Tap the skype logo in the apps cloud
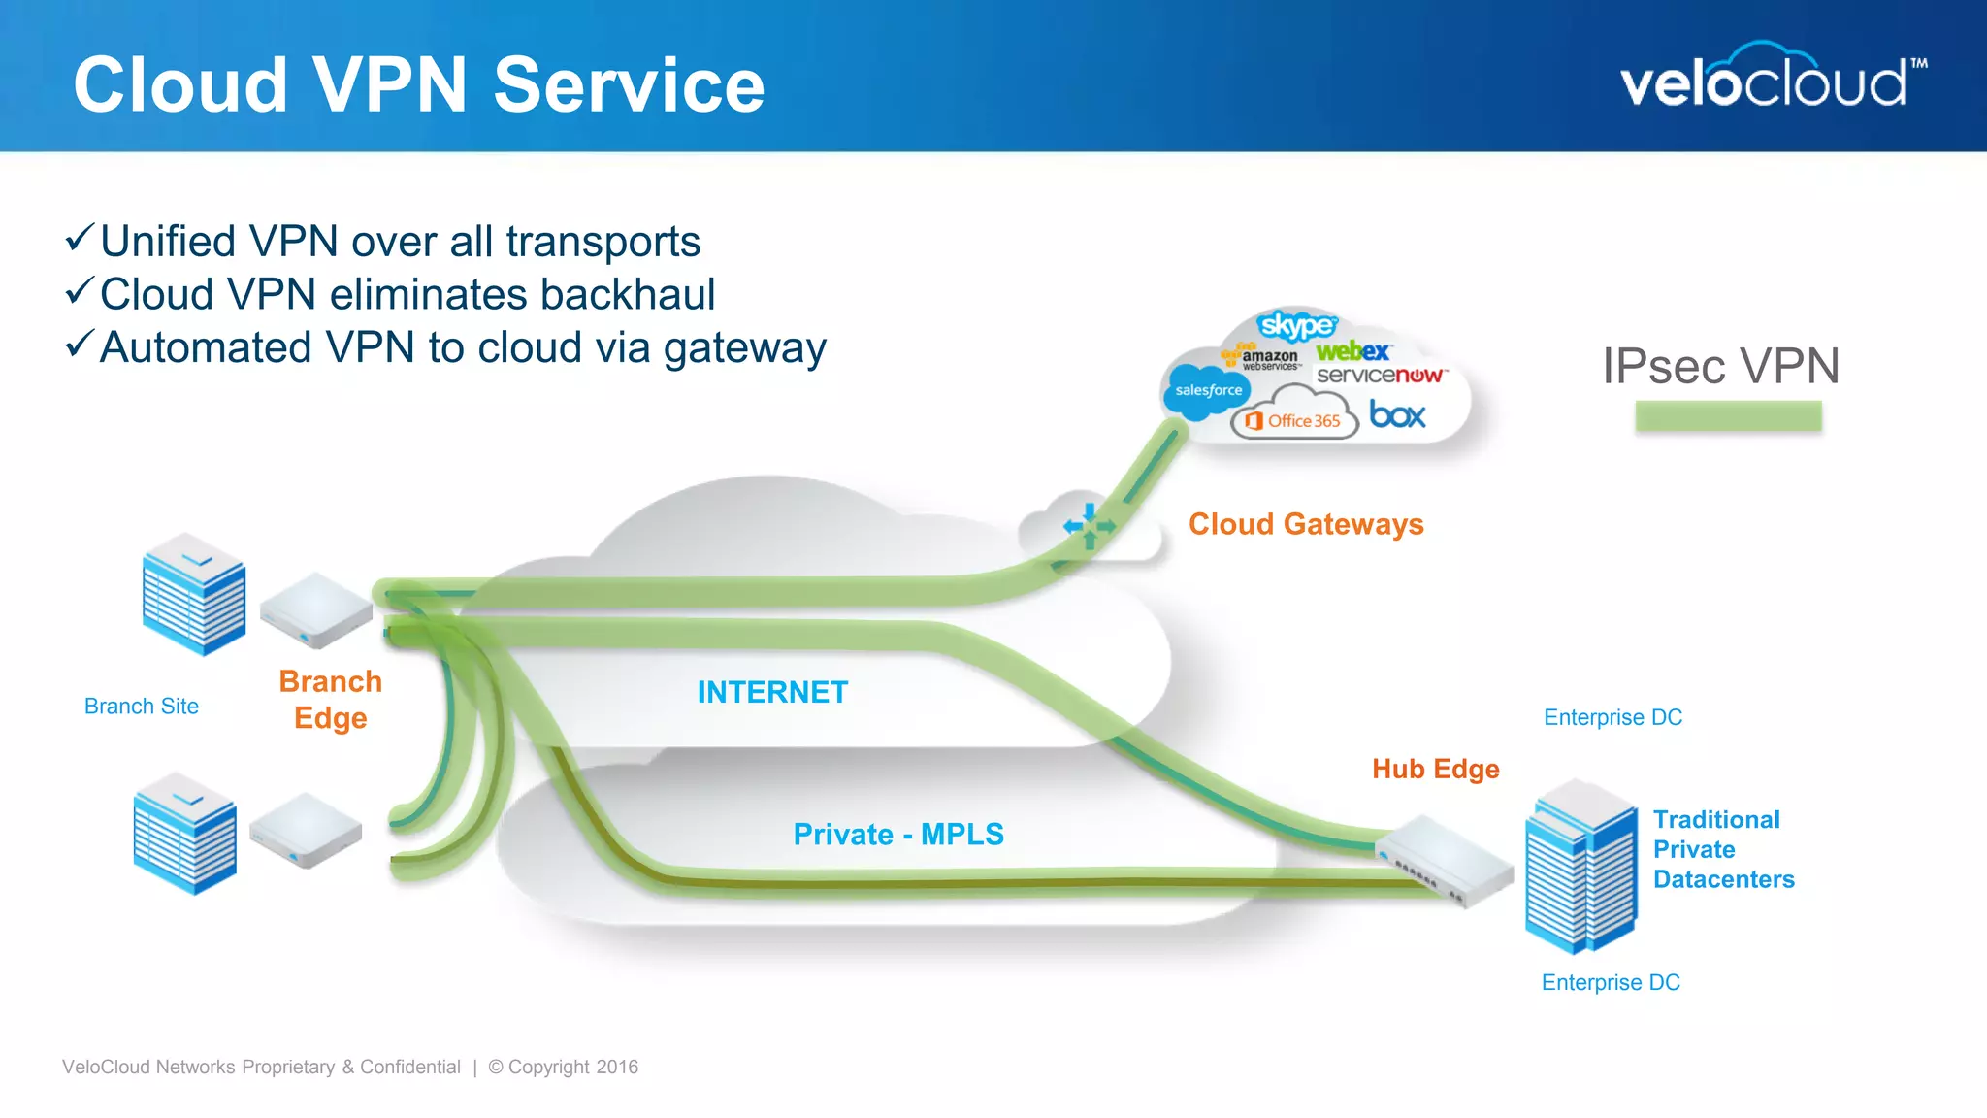pos(1296,325)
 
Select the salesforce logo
pos(1208,390)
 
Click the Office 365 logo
pos(1295,420)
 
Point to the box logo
pos(1397,415)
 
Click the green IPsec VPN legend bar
pos(1728,416)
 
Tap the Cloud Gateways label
pos(1306,524)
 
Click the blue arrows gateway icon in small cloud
pos(1089,526)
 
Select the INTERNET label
pos(772,692)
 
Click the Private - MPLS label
pos(898,834)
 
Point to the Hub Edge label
pos(1435,769)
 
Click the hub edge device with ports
pos(1446,860)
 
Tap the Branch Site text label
pos(142,707)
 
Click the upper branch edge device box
pos(316,609)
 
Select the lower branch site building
pos(184,833)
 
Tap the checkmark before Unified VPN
pos(80,238)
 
